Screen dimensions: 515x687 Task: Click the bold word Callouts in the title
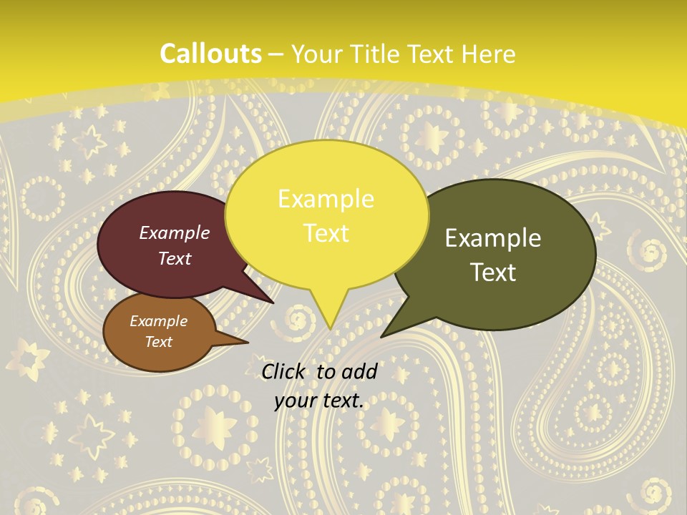click(x=210, y=54)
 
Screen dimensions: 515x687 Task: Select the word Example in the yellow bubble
click(x=326, y=199)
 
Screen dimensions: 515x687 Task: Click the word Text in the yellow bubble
click(x=326, y=232)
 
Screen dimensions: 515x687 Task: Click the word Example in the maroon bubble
click(x=175, y=232)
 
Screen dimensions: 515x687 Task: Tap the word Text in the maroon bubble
click(x=175, y=258)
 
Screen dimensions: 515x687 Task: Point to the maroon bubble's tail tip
click(x=273, y=303)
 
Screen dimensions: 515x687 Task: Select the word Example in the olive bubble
click(x=493, y=238)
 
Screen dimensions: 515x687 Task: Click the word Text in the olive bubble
click(x=494, y=272)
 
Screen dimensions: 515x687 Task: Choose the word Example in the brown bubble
click(x=158, y=321)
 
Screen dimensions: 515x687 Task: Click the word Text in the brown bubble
click(x=158, y=342)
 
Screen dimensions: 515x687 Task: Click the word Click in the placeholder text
click(x=285, y=371)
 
